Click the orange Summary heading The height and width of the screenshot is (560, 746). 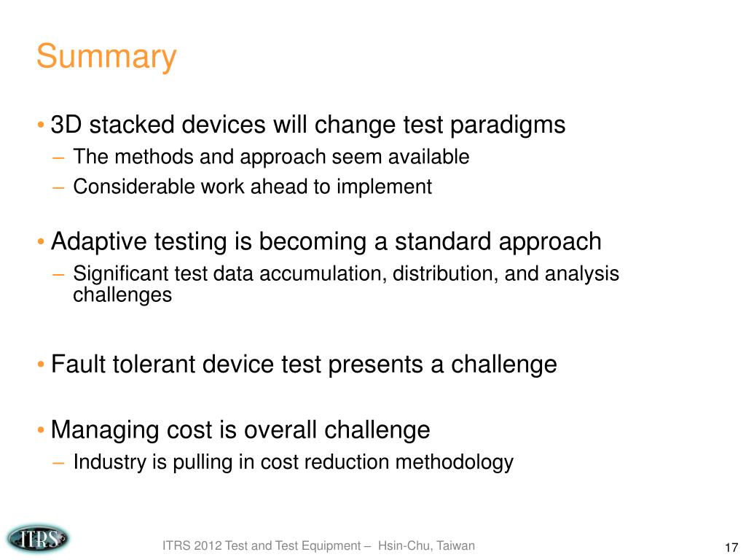pyautogui.click(x=106, y=57)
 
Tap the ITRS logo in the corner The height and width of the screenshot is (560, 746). pyautogui.click(x=38, y=539)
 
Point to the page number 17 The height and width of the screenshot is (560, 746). pyautogui.click(x=731, y=547)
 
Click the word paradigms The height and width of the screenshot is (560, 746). pyautogui.click(x=508, y=125)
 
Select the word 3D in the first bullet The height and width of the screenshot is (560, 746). pyautogui.click(x=66, y=125)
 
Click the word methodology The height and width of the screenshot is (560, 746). pyautogui.click(x=455, y=462)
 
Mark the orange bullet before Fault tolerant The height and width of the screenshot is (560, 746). pyautogui.click(x=41, y=365)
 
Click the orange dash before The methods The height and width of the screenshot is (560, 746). pyautogui.click(x=58, y=157)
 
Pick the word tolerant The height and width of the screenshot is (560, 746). pyautogui.click(x=153, y=365)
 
